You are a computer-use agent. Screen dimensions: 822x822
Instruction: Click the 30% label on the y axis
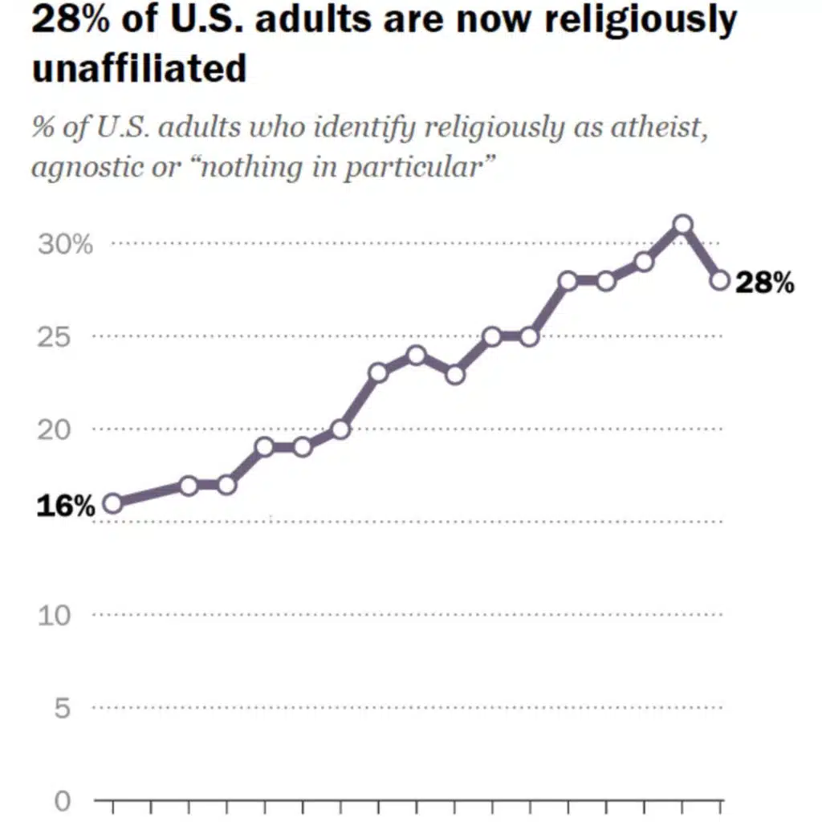(x=65, y=244)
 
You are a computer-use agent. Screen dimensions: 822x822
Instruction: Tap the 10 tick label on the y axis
(x=55, y=616)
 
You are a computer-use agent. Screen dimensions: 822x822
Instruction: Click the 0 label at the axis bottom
(x=63, y=801)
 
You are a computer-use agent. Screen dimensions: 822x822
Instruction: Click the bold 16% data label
(x=65, y=507)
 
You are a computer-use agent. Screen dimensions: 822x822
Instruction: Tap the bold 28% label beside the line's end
(x=764, y=283)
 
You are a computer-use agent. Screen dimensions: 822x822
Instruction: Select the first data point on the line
(x=112, y=503)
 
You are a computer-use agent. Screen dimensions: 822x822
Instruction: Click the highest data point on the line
(x=682, y=225)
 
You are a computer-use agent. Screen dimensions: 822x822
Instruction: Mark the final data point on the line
(x=720, y=280)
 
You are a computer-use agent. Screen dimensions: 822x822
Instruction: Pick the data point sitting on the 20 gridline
(x=340, y=429)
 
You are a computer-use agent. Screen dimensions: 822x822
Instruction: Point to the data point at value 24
(x=416, y=355)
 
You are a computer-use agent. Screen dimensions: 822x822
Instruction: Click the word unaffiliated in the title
(x=139, y=68)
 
